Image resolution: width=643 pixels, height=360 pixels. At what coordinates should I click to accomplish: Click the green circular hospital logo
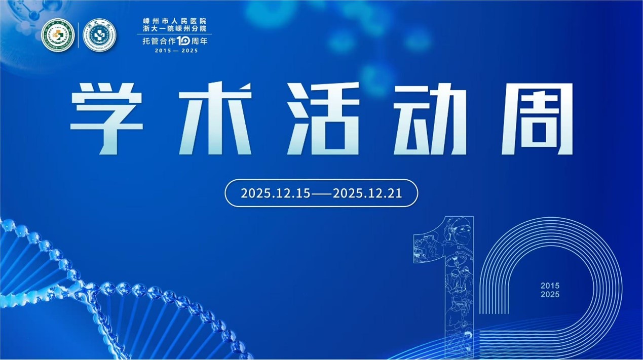coord(58,35)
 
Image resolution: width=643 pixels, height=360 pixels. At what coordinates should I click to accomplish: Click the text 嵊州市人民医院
coord(175,21)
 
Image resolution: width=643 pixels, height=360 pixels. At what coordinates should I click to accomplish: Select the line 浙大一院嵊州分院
coord(175,29)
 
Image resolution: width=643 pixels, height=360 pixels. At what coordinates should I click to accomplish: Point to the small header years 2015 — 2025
coord(175,51)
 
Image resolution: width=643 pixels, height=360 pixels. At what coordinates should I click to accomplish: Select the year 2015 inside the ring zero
coord(550,286)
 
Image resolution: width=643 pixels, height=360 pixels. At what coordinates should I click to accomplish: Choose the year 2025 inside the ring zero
coord(550,294)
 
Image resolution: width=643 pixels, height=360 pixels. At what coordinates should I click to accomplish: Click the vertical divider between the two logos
coord(78,35)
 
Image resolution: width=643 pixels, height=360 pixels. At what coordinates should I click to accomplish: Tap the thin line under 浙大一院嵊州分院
coord(175,34)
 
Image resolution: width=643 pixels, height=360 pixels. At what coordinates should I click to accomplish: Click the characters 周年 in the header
coord(199,42)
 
